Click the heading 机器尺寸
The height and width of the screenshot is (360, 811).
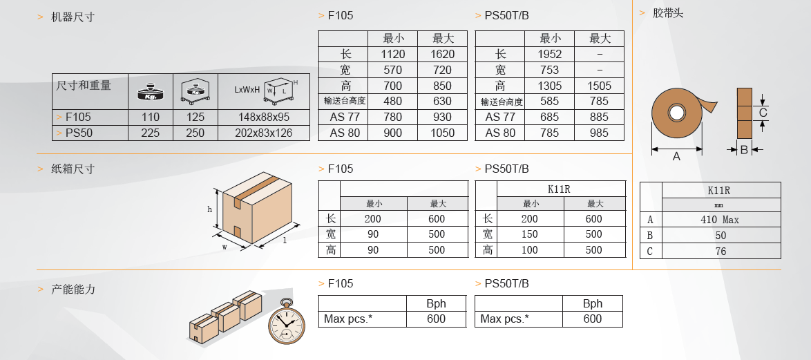[x=73, y=17]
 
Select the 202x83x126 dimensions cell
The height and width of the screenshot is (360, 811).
[x=264, y=133]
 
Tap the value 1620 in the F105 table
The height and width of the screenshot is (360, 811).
[x=442, y=55]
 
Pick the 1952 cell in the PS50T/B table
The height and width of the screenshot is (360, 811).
[x=550, y=55]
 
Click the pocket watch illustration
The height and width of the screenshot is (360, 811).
[x=287, y=321]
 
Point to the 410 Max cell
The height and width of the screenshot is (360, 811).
[x=721, y=220]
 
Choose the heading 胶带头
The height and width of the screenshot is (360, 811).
[x=668, y=13]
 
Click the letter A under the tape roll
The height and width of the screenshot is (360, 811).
[x=676, y=156]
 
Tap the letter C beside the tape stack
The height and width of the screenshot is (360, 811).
[x=763, y=113]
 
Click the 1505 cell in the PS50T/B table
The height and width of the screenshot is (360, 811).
[x=599, y=86]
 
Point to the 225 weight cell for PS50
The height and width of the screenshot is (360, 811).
[x=151, y=133]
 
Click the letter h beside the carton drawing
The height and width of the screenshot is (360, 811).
[x=209, y=209]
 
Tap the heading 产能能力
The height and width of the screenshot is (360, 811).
[x=73, y=289]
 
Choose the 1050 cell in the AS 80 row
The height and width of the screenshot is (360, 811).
[x=442, y=133]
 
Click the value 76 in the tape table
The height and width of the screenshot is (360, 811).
[x=721, y=252]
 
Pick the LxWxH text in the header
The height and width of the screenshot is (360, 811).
[x=247, y=90]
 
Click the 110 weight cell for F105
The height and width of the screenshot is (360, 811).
[x=151, y=117]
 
